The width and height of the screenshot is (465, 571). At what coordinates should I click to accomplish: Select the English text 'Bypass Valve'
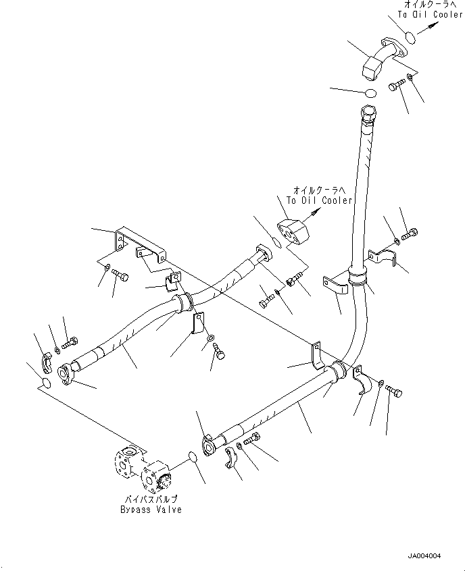(x=147, y=510)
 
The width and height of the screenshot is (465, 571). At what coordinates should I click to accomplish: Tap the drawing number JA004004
(x=423, y=555)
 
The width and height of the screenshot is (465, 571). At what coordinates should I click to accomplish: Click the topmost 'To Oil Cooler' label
(x=430, y=15)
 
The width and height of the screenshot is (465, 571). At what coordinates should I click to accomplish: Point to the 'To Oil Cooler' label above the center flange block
(x=319, y=200)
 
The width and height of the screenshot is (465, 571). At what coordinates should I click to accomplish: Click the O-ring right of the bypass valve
(x=193, y=458)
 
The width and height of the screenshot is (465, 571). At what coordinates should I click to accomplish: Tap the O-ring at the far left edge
(x=45, y=383)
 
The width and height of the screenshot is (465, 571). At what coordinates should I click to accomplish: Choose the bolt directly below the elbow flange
(x=397, y=86)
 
